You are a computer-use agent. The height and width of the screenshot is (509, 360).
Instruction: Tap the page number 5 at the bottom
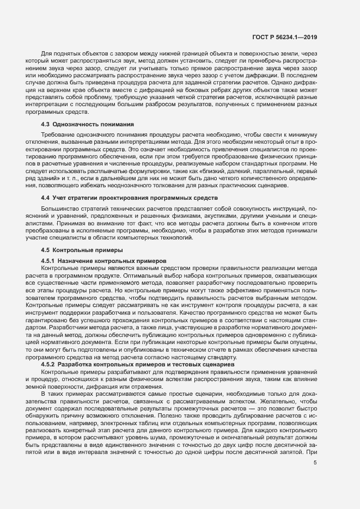click(315, 463)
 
